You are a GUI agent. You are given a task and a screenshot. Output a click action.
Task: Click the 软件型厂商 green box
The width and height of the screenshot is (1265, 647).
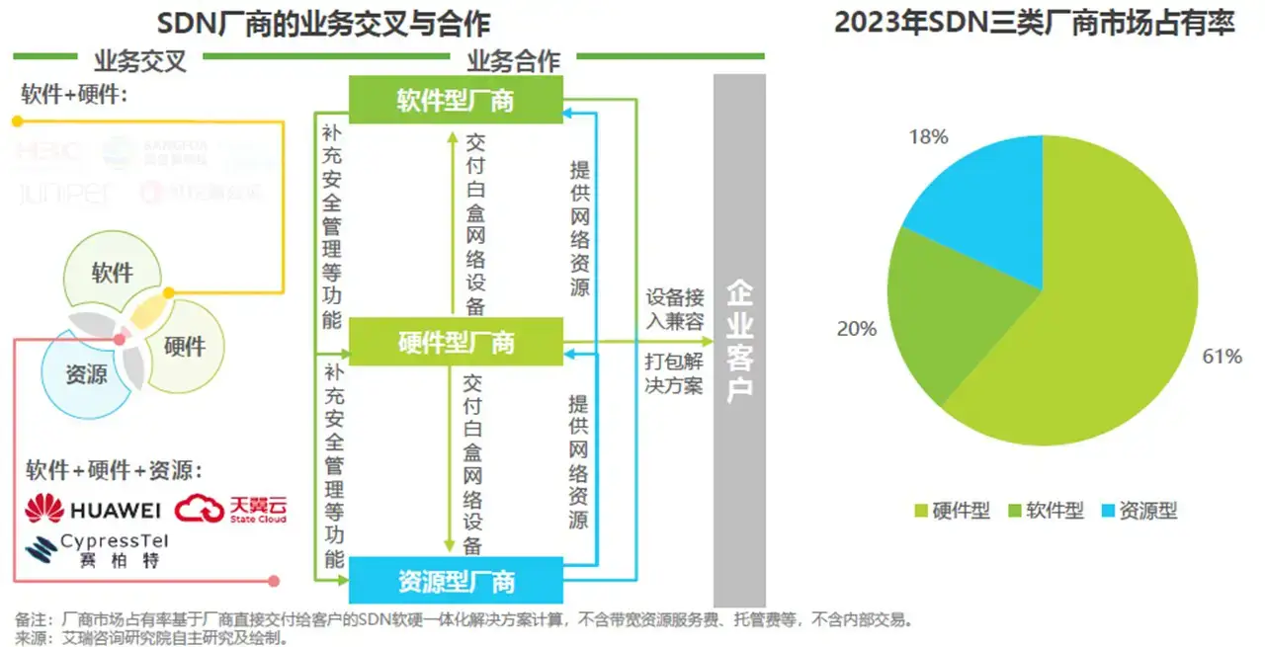pyautogui.click(x=456, y=100)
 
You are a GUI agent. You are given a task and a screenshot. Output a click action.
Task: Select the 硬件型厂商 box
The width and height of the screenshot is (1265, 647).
pyautogui.click(x=456, y=342)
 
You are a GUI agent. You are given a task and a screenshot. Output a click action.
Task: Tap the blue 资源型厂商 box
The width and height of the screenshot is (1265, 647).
pyautogui.click(x=456, y=581)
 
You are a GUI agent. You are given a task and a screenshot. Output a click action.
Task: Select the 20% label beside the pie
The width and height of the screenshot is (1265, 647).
pyautogui.click(x=856, y=329)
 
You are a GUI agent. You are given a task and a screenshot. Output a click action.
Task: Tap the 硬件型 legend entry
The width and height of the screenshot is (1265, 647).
pyautogui.click(x=952, y=511)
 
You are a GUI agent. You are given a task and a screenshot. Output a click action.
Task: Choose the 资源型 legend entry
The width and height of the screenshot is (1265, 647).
pyautogui.click(x=1138, y=511)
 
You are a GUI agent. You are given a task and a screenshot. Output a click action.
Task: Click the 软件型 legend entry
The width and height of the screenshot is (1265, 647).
pyautogui.click(x=1046, y=511)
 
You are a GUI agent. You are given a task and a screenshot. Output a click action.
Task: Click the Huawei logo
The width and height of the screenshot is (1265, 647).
pyautogui.click(x=92, y=509)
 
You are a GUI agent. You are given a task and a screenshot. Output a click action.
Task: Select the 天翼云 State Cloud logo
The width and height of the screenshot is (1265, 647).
pyautogui.click(x=231, y=509)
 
